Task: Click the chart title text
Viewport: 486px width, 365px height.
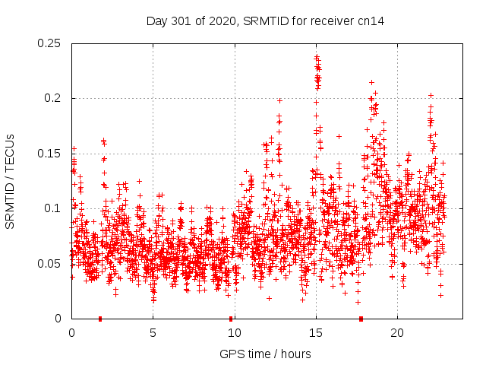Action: [x=265, y=21]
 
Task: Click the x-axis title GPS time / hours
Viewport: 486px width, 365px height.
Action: [x=265, y=354]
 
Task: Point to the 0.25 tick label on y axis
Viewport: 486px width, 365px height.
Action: [x=51, y=43]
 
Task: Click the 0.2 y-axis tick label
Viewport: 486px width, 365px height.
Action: [x=55, y=98]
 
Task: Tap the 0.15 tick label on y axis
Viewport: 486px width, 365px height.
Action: [x=51, y=154]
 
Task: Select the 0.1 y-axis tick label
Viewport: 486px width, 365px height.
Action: [x=55, y=208]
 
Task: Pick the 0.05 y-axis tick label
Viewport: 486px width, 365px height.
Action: [x=51, y=264]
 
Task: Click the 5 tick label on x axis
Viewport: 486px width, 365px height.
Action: [x=153, y=333]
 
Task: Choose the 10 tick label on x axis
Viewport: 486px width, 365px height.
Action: [x=235, y=333]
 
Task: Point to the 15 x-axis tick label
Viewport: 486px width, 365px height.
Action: [x=316, y=333]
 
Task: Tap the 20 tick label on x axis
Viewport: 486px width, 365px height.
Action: [x=397, y=333]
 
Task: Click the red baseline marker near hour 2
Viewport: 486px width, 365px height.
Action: [x=100, y=319]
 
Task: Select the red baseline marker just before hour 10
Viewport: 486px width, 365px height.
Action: [x=230, y=319]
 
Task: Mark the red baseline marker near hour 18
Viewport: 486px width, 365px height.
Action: [x=361, y=319]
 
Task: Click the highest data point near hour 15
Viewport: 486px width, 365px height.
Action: [x=316, y=56]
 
